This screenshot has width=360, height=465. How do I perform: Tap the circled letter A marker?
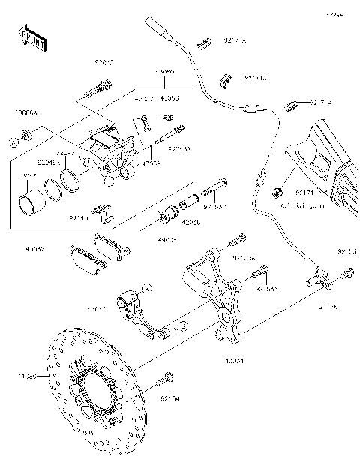[x=148, y=287]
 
